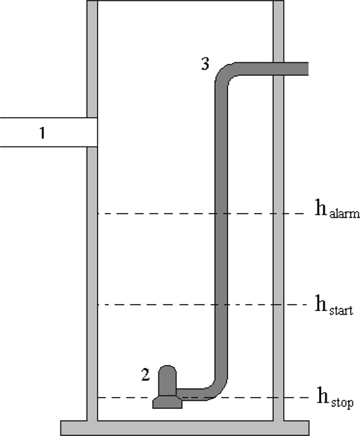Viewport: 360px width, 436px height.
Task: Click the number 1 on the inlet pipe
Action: tap(42, 133)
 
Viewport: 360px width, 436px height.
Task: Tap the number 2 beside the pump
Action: tap(146, 374)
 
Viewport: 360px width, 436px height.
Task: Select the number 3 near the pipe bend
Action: tap(205, 64)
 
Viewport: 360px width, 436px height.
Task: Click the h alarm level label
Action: tap(337, 208)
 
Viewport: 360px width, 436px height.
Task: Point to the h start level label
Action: tap(334, 305)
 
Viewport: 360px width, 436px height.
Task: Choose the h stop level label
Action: tap(336, 398)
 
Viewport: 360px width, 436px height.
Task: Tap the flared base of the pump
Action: tap(167, 402)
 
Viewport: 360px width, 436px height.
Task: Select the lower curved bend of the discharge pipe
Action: tap(217, 389)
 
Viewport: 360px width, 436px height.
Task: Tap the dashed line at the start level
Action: tap(202, 305)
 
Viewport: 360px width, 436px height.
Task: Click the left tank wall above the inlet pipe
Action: tap(92, 59)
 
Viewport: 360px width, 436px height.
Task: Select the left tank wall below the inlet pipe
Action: tap(92, 284)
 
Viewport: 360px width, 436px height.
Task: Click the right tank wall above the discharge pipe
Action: tap(279, 31)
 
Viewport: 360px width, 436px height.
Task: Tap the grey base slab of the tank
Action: tap(185, 428)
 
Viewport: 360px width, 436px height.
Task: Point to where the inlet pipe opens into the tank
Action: tap(97, 132)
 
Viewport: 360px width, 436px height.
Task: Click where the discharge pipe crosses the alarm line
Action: tap(221, 214)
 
